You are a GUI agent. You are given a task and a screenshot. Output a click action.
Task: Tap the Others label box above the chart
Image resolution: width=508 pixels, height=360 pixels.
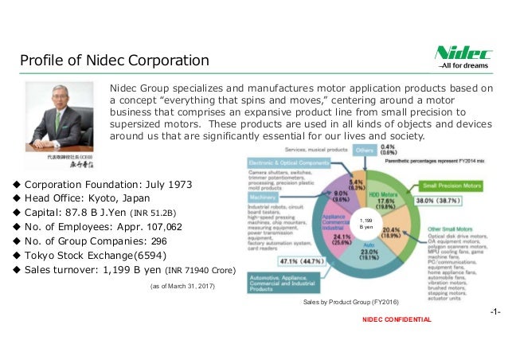click(365, 149)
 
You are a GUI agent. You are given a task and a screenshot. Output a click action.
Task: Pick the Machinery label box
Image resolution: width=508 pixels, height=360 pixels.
click(266, 197)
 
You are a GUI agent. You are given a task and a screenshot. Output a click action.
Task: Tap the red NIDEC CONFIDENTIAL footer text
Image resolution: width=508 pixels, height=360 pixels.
click(396, 319)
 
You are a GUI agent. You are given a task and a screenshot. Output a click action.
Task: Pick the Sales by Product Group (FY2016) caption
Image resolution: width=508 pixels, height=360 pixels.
click(350, 304)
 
